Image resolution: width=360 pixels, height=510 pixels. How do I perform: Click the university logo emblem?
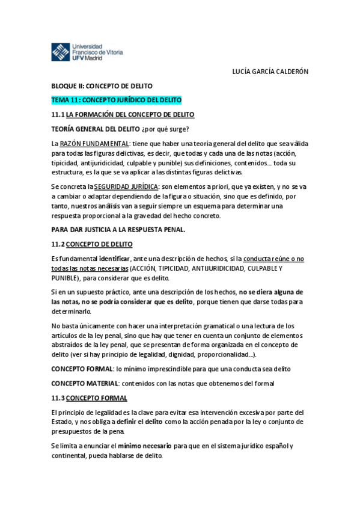(x=61, y=52)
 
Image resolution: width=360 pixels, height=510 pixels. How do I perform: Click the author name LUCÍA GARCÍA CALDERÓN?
(x=270, y=71)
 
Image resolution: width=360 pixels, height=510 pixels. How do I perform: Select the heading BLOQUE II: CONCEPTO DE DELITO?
(x=102, y=86)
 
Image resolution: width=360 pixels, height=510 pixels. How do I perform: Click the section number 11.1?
(x=58, y=114)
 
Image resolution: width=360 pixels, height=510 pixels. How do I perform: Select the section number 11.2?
(x=58, y=244)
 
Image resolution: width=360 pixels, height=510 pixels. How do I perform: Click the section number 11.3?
(x=58, y=398)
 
